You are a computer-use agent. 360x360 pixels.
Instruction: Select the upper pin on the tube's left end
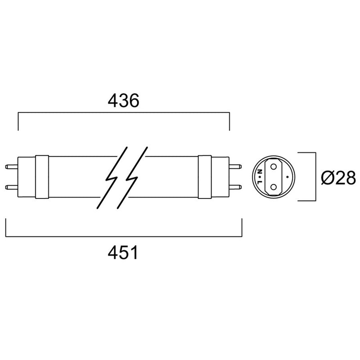click(11, 166)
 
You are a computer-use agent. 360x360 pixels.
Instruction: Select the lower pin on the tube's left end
click(11, 186)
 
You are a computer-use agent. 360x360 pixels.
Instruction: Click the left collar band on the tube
click(42, 176)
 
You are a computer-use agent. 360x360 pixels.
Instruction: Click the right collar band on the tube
click(205, 176)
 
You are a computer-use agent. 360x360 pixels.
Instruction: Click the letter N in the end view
click(261, 171)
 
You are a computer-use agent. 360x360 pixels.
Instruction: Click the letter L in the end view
click(261, 182)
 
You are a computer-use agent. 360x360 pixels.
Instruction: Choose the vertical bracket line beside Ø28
click(315, 177)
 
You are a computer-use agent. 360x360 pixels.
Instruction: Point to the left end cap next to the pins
click(26, 176)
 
